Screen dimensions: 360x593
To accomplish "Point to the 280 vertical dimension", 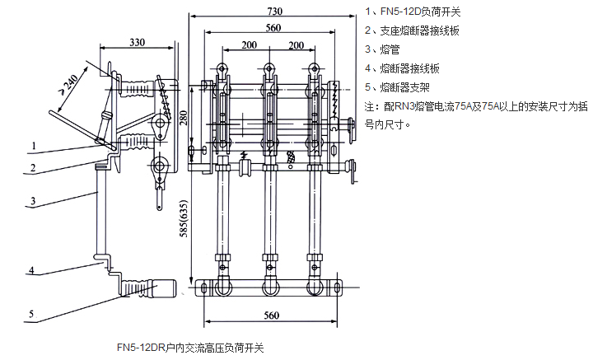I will [183, 120].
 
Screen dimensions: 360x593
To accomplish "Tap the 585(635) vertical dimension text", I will [183, 232].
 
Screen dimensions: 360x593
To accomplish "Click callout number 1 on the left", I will [35, 146].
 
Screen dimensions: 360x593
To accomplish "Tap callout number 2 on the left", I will [35, 168].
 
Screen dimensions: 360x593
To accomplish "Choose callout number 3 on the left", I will [35, 200].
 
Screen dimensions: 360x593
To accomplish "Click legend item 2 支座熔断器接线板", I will [413, 32].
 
